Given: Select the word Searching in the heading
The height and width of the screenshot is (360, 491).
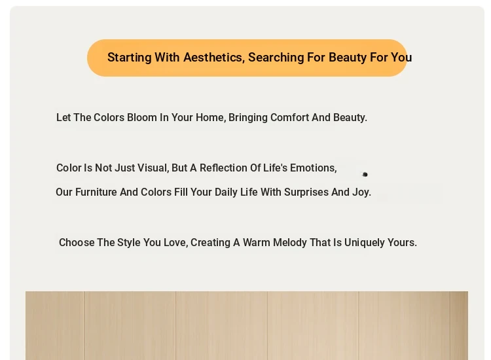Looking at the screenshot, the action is coord(276,58).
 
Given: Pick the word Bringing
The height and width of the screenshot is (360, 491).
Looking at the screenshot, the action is coord(248,118).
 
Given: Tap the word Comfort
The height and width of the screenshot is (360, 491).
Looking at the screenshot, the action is coord(289,118).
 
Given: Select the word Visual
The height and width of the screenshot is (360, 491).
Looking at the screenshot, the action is coord(153,168).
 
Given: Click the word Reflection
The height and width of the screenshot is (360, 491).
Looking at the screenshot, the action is coord(223,168).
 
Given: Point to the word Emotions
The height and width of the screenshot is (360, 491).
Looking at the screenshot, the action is coord(313,168).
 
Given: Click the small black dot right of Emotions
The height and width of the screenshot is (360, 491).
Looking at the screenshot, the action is coord(365,174).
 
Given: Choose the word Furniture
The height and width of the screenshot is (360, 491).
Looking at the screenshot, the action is coord(96,192).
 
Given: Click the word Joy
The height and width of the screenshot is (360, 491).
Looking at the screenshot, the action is coord(361,192).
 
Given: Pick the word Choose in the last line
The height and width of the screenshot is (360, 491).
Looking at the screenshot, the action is coord(77,243).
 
